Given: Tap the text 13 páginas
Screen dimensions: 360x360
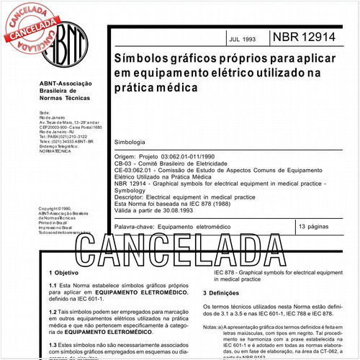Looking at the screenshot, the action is (315, 226).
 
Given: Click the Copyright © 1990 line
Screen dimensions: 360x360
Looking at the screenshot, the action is (57, 209).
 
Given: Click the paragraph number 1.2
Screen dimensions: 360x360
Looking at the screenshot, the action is (53, 310).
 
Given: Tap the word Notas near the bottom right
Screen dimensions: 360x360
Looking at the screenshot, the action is (211, 327).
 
